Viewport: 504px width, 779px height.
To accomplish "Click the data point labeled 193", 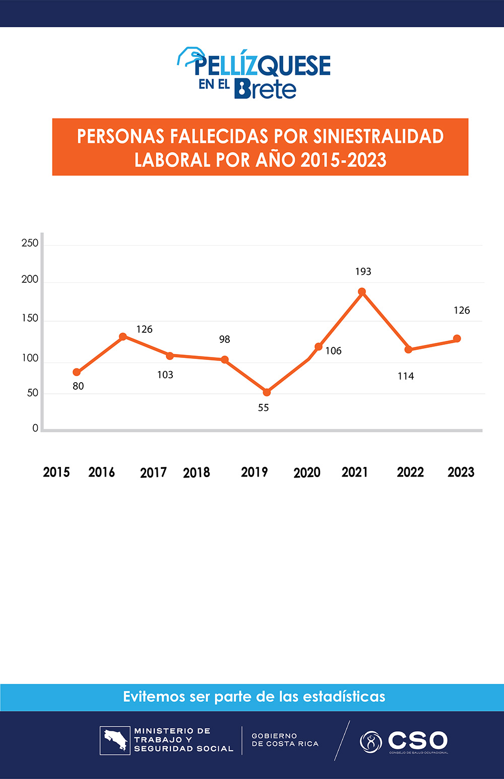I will point(362,292).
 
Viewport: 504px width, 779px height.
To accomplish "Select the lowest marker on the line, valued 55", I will point(267,392).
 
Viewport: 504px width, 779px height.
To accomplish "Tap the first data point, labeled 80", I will point(77,372).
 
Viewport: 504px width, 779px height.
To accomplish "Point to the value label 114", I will point(406,376).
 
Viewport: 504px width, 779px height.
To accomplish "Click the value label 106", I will point(333,351).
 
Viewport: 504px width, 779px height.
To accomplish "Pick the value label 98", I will point(225,339).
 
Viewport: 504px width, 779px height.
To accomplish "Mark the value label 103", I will point(165,375).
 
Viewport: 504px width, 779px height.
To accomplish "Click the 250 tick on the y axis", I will point(30,243).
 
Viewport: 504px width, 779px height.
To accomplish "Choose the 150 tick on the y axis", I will point(30,318).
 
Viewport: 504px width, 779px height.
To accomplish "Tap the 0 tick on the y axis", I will point(35,428).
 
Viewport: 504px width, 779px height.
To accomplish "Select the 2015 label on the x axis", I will point(56,472).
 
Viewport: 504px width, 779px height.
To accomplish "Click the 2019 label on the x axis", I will point(254,472).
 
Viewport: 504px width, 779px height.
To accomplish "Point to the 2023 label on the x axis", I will point(461,472).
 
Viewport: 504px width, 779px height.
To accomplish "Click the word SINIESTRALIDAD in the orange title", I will point(378,137).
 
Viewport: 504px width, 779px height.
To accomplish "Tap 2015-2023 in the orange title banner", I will point(343,160).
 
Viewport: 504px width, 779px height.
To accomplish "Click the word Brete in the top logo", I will point(265,89).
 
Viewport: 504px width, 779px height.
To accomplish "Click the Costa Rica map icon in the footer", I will point(115,740).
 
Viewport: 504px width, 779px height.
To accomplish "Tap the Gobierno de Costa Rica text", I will point(285,740).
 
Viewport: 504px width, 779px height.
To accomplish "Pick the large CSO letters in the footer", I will point(417,740).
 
